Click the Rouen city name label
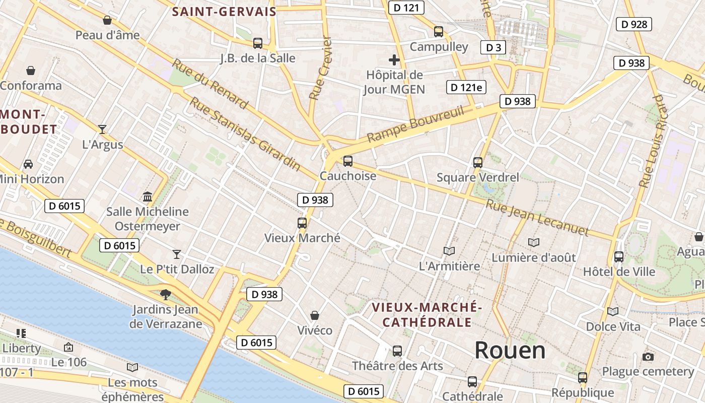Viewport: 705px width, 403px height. pos(510,351)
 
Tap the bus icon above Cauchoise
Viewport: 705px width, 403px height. pos(347,161)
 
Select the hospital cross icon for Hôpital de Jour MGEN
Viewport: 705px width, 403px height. pos(394,60)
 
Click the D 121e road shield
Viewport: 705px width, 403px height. pos(466,87)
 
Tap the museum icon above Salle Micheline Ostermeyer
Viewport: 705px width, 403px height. pos(148,196)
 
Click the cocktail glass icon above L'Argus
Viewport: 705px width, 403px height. pos(102,129)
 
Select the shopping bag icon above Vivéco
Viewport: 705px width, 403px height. pos(315,315)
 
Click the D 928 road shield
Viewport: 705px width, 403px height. pos(634,24)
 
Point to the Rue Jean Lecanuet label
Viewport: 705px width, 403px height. pos(537,218)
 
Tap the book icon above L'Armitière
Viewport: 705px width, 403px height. pos(449,251)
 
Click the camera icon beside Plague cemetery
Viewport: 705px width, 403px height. pos(648,357)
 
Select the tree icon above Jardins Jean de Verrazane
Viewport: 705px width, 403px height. pos(165,294)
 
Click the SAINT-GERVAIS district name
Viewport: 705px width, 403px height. pos(224,12)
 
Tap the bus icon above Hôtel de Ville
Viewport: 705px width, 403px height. pos(619,257)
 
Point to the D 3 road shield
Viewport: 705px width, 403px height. pos(493,47)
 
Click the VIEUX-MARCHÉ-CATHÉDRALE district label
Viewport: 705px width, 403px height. pos(427,314)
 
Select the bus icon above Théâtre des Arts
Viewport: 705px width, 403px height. pos(397,351)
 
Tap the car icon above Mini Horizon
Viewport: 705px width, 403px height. pos(28,164)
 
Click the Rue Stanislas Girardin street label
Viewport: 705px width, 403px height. pos(245,133)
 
